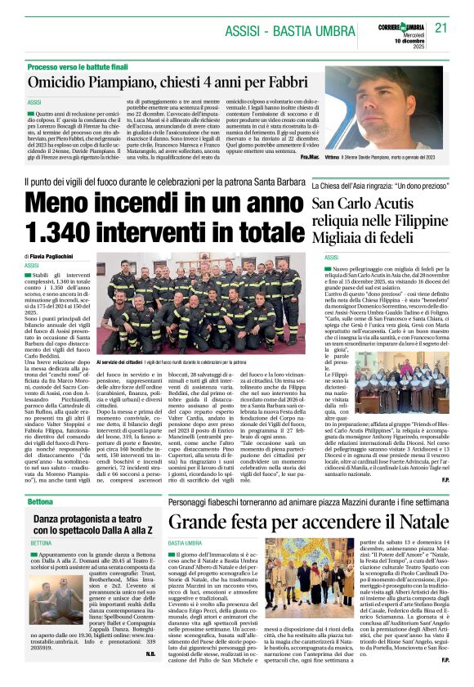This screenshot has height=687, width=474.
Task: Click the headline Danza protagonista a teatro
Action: (90, 519)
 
